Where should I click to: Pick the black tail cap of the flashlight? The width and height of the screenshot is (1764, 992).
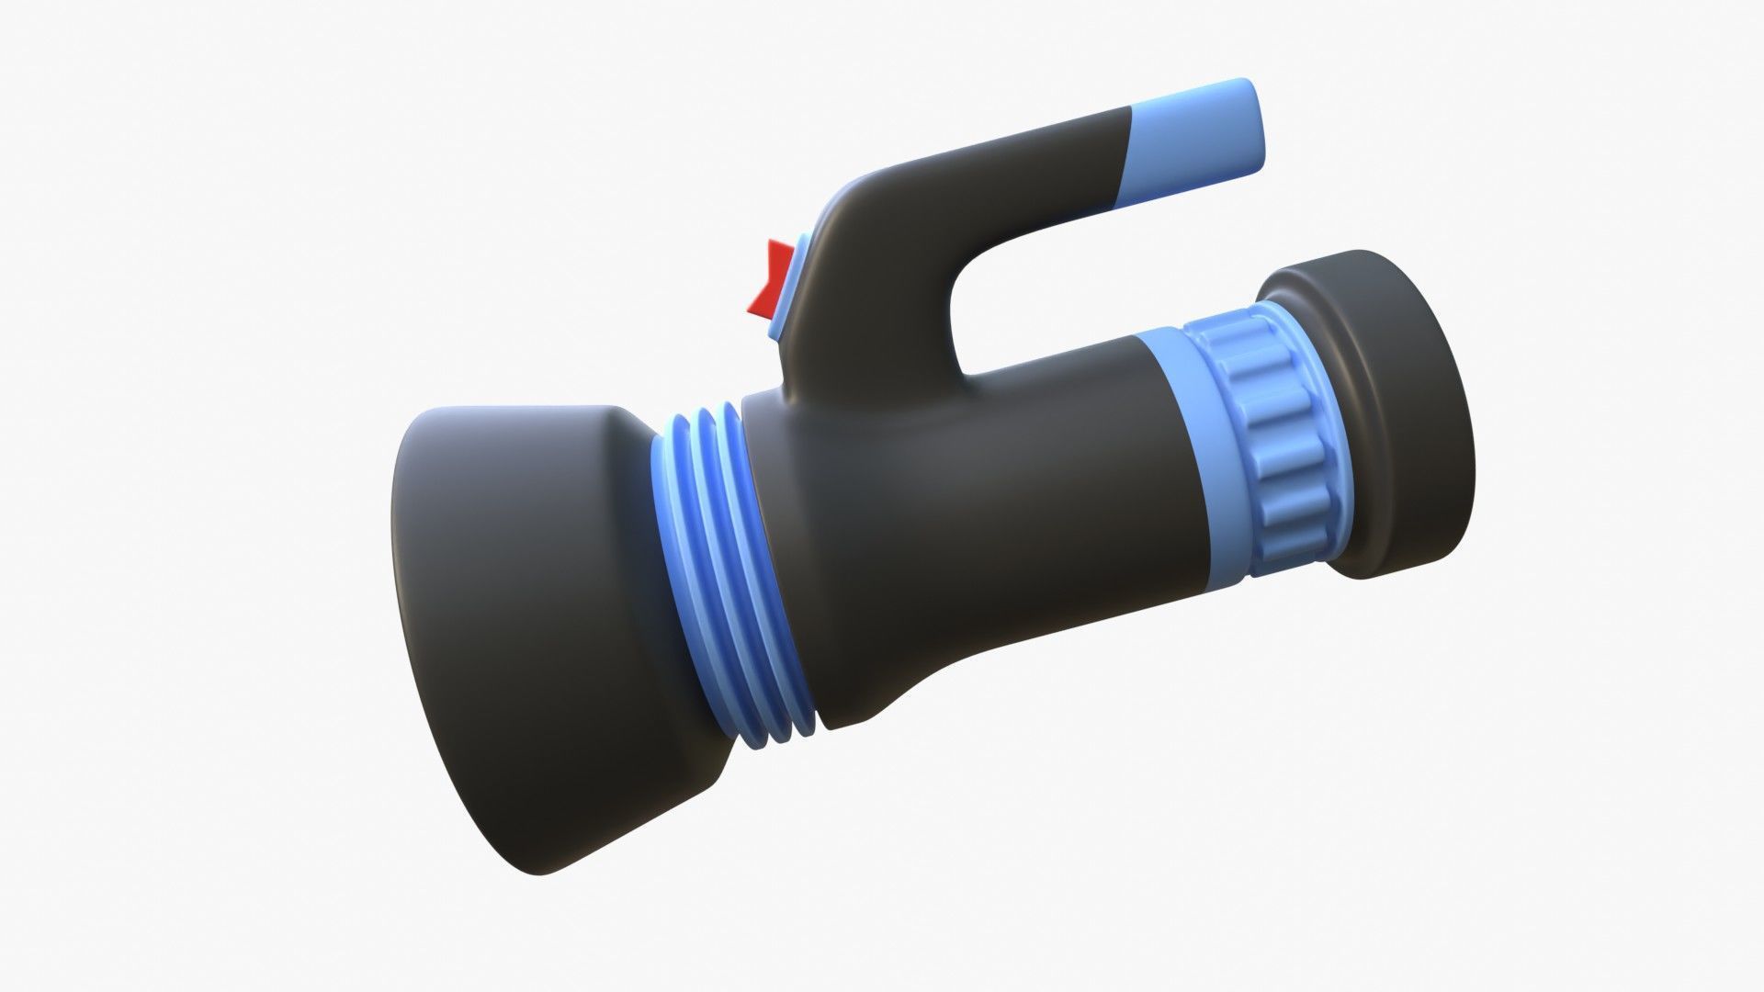click(x=1396, y=386)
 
